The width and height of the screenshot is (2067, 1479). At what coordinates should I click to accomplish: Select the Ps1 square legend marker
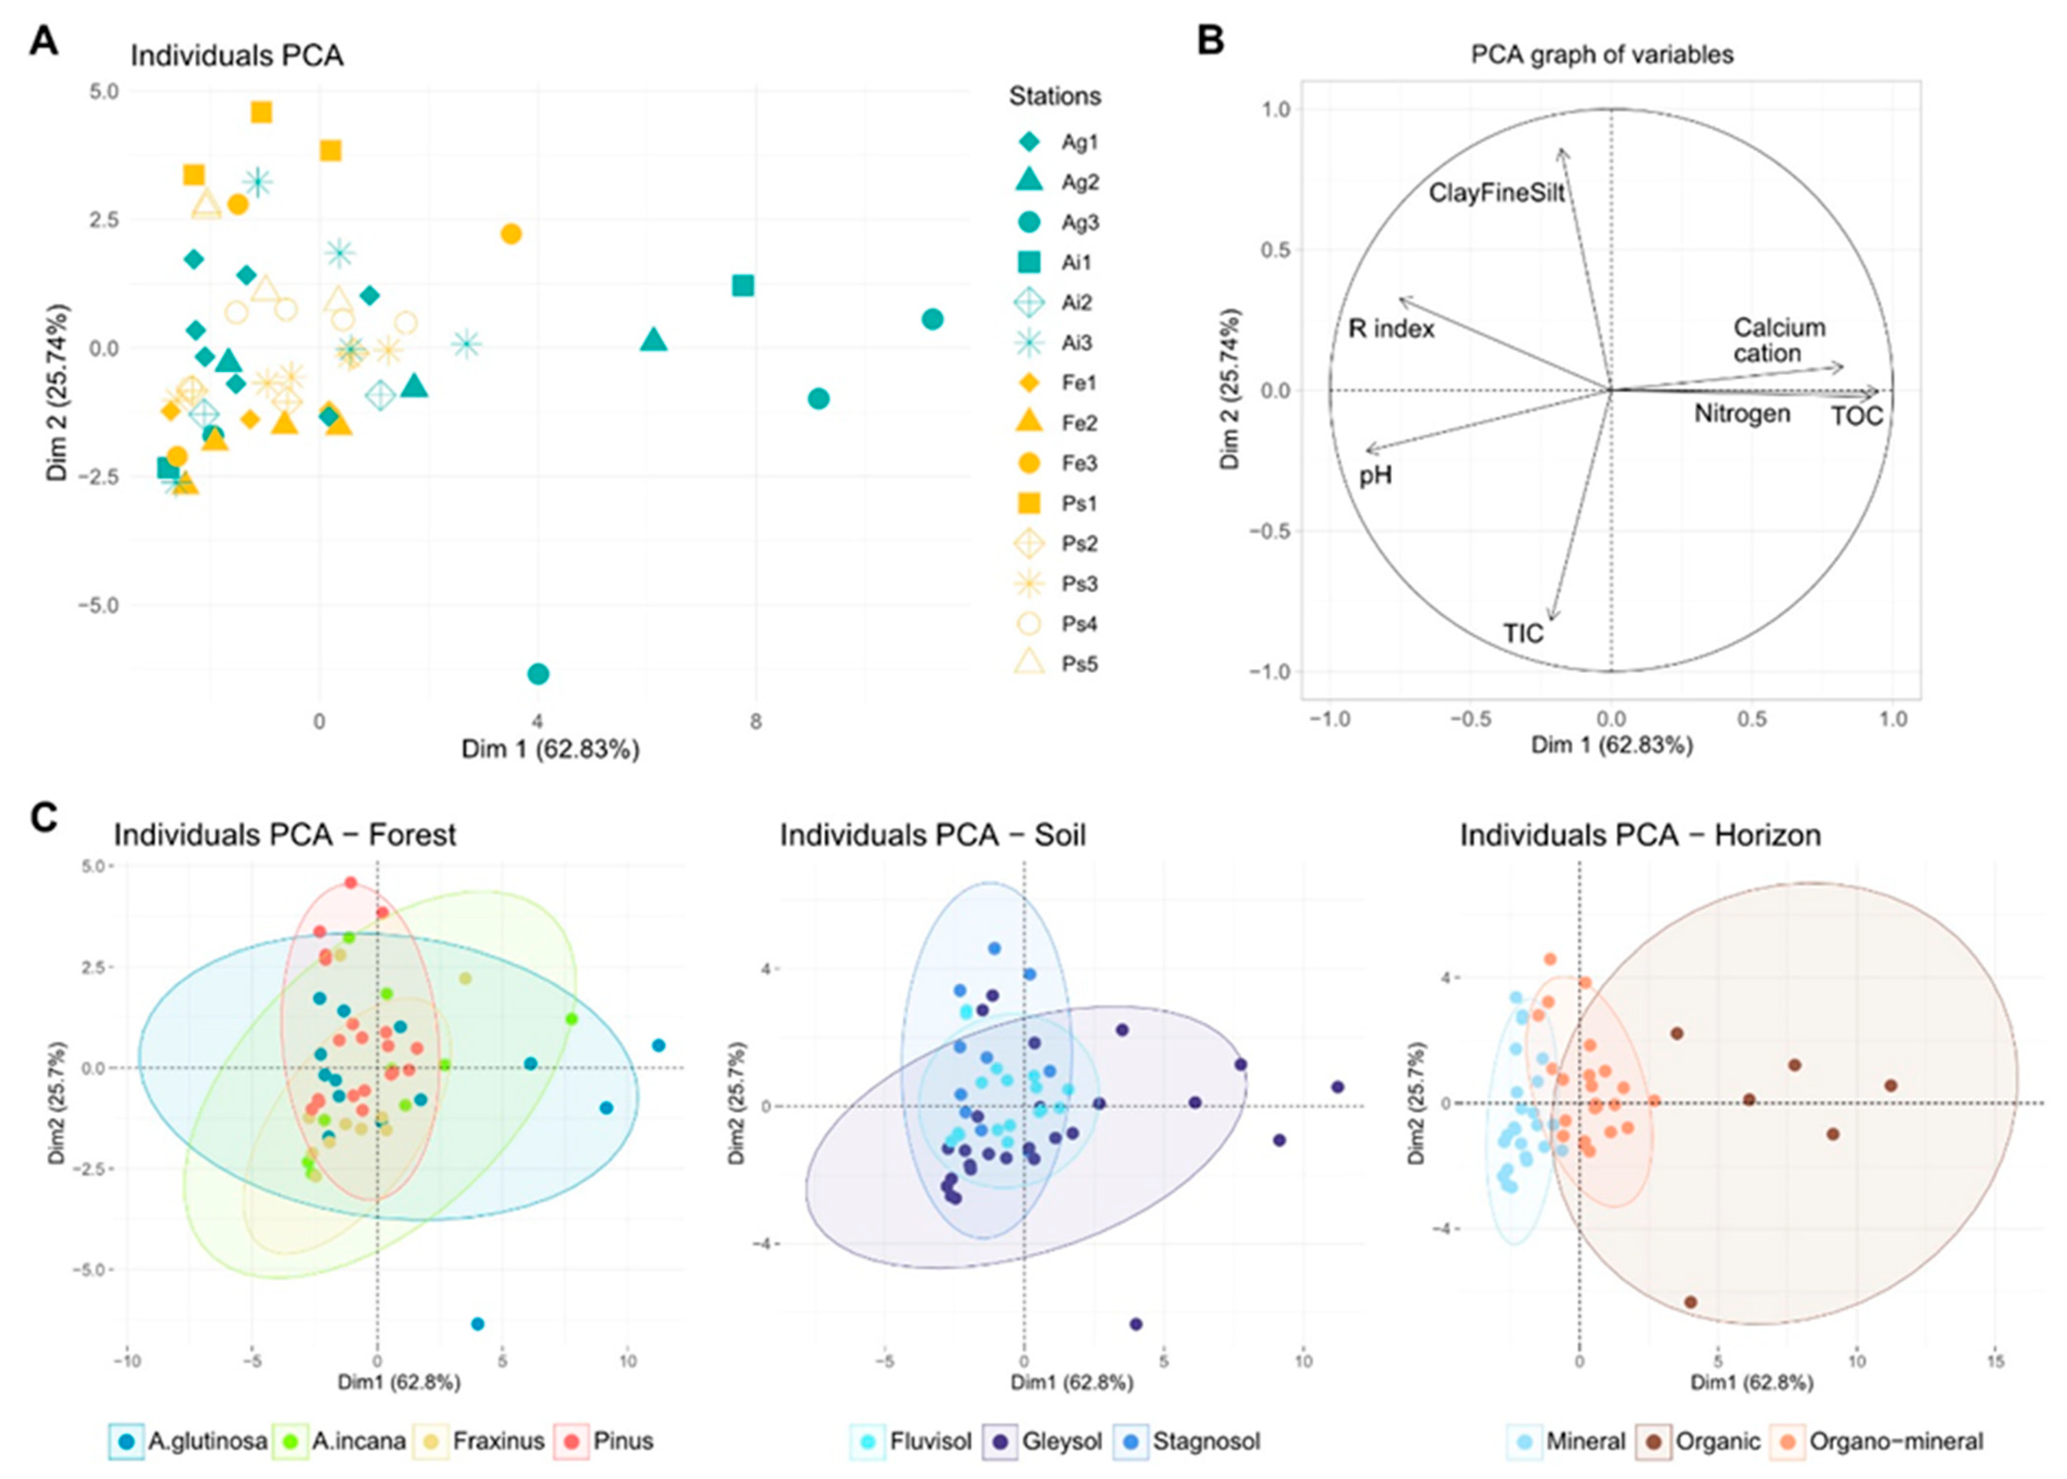pyautogui.click(x=1030, y=503)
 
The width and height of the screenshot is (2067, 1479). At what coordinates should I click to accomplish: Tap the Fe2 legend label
pyautogui.click(x=1080, y=424)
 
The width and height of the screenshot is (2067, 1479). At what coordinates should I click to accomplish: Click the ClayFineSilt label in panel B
pyautogui.click(x=1496, y=193)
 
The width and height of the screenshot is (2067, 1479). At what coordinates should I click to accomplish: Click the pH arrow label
pyautogui.click(x=1375, y=475)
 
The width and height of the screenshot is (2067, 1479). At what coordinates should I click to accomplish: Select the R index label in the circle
pyautogui.click(x=1391, y=329)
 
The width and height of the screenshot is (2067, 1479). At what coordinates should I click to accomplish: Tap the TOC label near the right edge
pyautogui.click(x=1856, y=417)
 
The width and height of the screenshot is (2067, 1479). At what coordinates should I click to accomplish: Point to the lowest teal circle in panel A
pyautogui.click(x=539, y=674)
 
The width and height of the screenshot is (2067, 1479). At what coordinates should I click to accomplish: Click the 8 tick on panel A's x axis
pyautogui.click(x=755, y=722)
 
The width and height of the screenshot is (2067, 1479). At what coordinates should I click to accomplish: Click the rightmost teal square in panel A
pyautogui.click(x=743, y=286)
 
